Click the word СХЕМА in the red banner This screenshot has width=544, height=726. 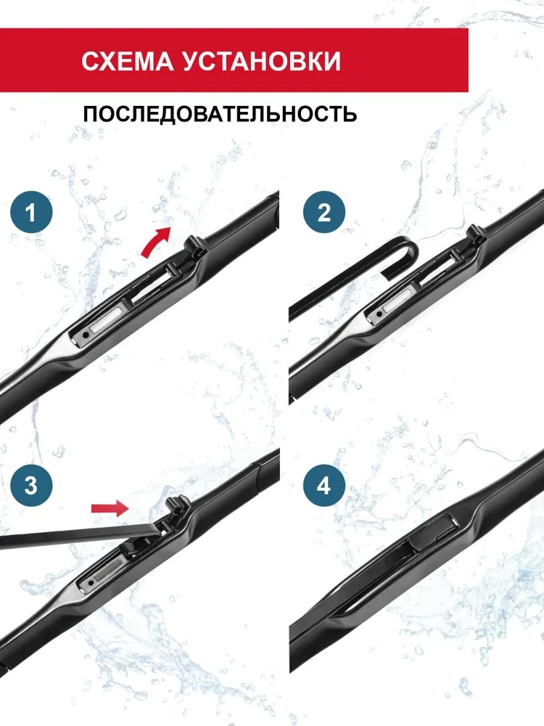click(127, 61)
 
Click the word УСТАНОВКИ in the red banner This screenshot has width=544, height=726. click(261, 61)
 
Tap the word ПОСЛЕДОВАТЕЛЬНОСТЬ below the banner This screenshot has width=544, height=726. click(220, 113)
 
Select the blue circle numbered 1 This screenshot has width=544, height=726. click(31, 213)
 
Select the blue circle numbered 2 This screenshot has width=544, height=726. click(324, 213)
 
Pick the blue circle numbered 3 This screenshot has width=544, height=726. click(31, 485)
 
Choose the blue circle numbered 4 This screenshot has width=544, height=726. click(323, 486)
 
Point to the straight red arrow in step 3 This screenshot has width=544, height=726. click(110, 508)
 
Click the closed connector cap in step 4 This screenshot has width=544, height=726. click(434, 531)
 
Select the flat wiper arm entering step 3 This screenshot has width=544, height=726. click(81, 535)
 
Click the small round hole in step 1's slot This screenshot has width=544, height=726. click(85, 335)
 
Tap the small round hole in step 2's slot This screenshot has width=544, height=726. click(379, 314)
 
